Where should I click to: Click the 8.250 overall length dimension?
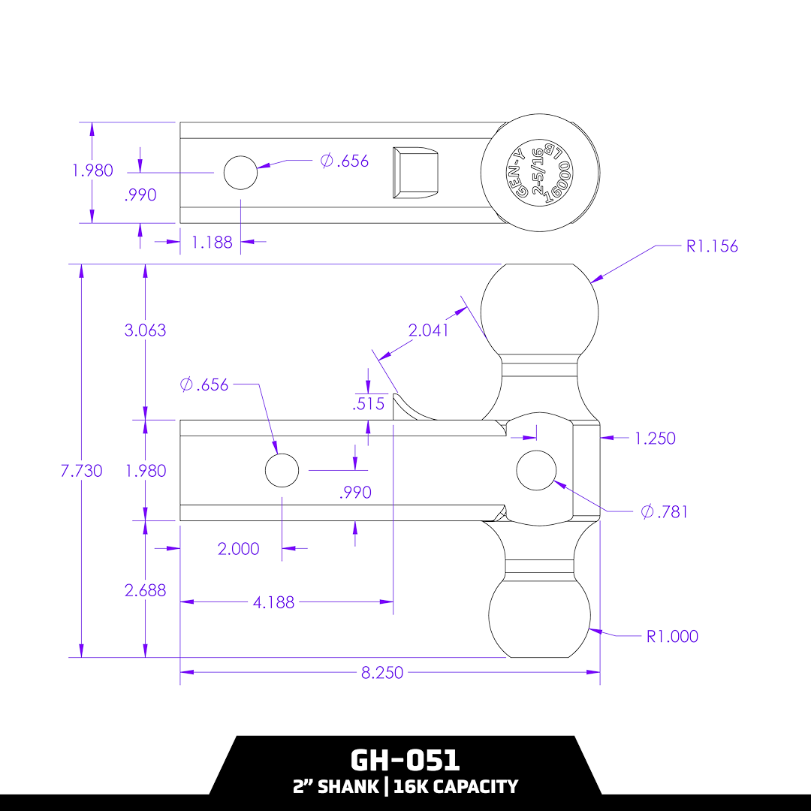(382, 673)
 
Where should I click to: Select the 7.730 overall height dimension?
(81, 471)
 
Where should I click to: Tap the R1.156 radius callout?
(712, 246)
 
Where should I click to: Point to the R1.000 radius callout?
(672, 637)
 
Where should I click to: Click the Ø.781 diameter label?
(665, 512)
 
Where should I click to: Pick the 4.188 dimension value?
(273, 602)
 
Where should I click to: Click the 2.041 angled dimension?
(427, 330)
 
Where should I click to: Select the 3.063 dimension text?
(145, 330)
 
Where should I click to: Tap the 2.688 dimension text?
(145, 591)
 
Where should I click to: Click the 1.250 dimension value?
(655, 439)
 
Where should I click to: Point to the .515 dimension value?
(369, 404)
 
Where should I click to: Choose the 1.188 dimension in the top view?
(212, 243)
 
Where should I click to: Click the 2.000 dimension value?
(238, 550)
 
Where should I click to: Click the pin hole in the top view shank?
(240, 173)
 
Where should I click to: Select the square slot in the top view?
(415, 172)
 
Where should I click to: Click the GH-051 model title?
(405, 760)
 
